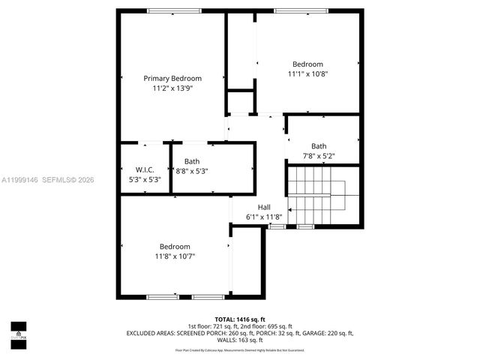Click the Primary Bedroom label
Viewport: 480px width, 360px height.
[172, 79]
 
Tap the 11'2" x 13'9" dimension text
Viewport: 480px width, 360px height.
[172, 88]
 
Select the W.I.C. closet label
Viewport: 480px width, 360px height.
[145, 169]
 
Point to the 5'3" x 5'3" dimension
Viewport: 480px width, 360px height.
[145, 179]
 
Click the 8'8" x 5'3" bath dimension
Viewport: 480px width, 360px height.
[192, 171]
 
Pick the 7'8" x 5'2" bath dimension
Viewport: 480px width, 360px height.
[319, 156]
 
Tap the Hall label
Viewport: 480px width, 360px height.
[264, 207]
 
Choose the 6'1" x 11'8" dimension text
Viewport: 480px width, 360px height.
[264, 217]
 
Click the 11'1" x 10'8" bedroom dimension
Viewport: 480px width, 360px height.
[307, 73]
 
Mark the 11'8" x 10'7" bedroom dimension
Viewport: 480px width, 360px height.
[174, 256]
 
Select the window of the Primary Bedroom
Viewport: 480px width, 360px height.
[173, 10]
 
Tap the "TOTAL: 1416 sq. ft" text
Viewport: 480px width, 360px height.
[240, 319]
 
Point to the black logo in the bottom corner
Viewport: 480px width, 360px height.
[18, 331]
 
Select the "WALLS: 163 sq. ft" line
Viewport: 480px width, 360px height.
[240, 340]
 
